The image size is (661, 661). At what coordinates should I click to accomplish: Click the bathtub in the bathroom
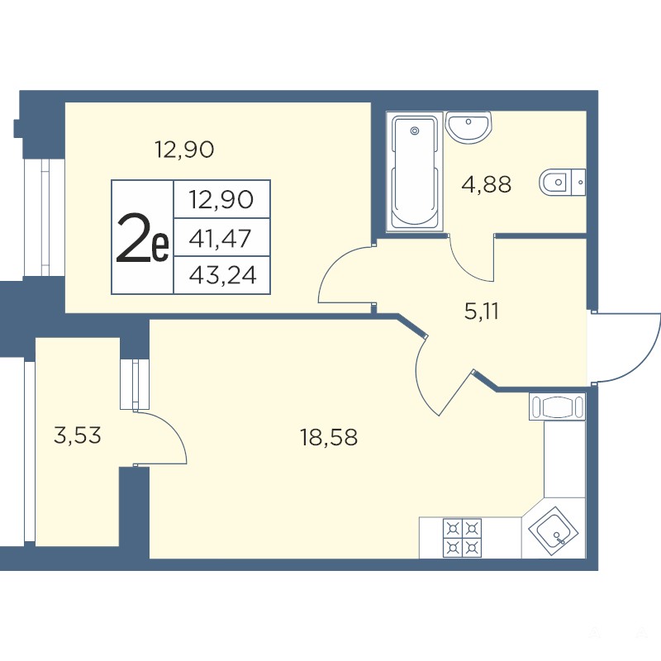[x=416, y=172]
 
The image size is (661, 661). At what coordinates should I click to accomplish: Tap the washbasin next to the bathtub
[x=468, y=127]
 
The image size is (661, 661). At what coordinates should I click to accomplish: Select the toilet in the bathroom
[x=563, y=183]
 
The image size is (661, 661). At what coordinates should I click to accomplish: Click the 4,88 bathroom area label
[x=487, y=184]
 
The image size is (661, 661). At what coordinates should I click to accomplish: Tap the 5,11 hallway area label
[x=482, y=311]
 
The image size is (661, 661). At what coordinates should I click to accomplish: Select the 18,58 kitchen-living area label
[x=329, y=437]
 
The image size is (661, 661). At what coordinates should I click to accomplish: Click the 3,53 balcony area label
[x=78, y=435]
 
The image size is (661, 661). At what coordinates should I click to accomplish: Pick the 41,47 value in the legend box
[x=220, y=239]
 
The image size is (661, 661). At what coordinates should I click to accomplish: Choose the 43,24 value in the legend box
[x=222, y=276]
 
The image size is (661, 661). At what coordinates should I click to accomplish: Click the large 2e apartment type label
[x=142, y=238]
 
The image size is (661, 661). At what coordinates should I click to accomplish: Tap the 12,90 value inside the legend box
[x=221, y=199]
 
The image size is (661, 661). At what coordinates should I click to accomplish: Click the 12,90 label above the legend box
[x=184, y=150]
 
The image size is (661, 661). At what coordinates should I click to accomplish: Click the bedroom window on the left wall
[x=45, y=217]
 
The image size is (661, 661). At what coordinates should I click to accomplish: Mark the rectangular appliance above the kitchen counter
[x=557, y=407]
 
